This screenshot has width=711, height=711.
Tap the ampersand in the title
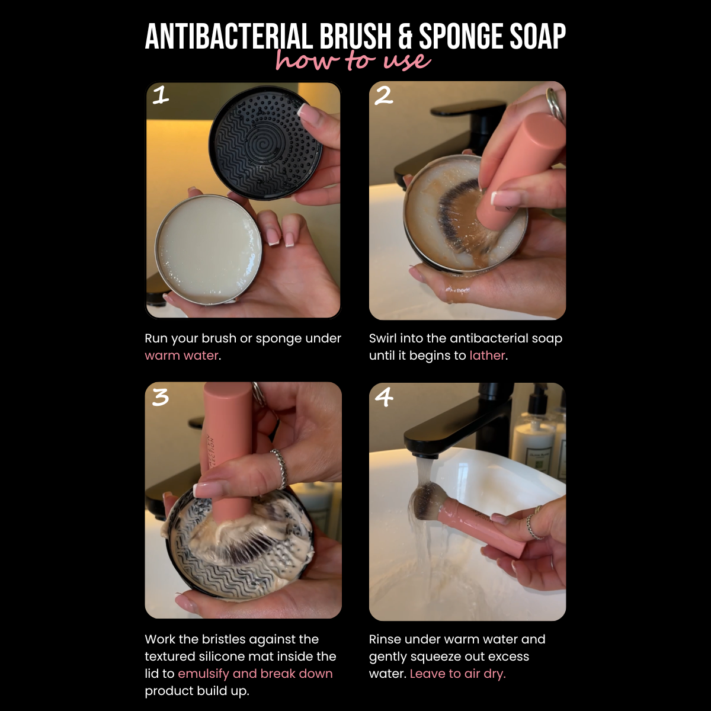pyautogui.click(x=405, y=37)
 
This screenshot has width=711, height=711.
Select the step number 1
pyautogui.click(x=161, y=95)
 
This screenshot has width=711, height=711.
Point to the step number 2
pyautogui.click(x=384, y=95)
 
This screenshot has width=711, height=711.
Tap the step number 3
pyautogui.click(x=160, y=398)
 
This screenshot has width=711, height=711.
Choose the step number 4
pyautogui.click(x=384, y=398)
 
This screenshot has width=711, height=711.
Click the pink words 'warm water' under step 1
pyautogui.click(x=181, y=355)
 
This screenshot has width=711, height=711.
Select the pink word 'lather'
pyautogui.click(x=487, y=355)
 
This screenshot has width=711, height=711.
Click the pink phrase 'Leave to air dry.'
pyautogui.click(x=457, y=673)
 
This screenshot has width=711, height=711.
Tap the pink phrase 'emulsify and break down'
pyautogui.click(x=255, y=673)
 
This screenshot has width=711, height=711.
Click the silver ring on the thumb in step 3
pyautogui.click(x=279, y=469)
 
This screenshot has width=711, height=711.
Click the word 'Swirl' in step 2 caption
pyautogui.click(x=382, y=338)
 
